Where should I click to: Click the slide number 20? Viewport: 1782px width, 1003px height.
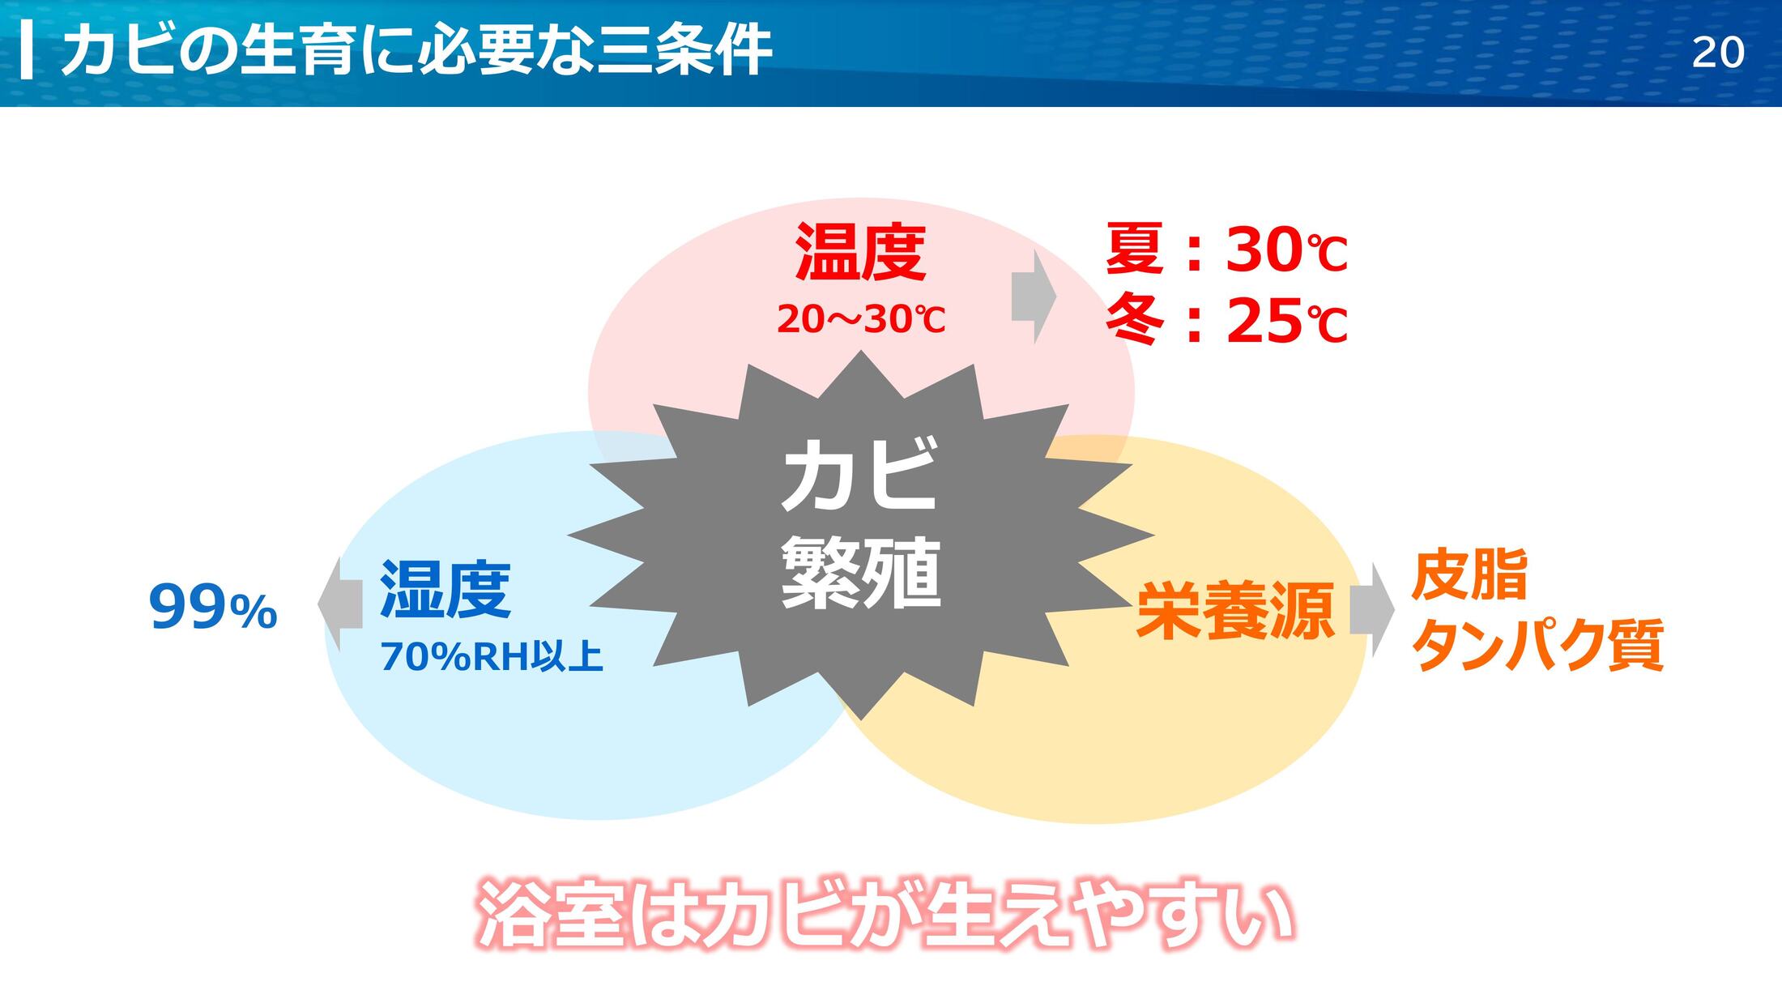coord(1718,53)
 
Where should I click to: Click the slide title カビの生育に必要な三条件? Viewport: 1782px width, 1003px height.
coord(416,50)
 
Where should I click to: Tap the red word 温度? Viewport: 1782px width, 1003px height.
coord(860,252)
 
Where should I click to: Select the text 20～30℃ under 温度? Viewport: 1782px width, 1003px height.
coord(861,319)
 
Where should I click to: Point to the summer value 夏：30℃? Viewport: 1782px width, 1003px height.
coord(1226,249)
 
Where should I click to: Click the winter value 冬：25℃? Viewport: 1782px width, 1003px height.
coord(1226,321)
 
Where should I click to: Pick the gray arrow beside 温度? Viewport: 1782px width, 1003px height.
coord(1034,297)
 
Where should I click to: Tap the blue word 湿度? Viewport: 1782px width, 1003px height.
coord(446,589)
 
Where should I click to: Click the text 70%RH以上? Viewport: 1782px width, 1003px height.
coord(492,656)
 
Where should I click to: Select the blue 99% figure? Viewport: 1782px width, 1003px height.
coord(213,608)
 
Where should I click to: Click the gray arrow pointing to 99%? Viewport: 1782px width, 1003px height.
coord(340,604)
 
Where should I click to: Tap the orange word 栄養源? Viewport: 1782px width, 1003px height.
coord(1235,610)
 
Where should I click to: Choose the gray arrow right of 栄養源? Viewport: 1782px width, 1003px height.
coord(1372,610)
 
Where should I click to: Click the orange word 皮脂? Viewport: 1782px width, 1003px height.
coord(1469,574)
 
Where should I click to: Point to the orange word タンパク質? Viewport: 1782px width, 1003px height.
coord(1537,645)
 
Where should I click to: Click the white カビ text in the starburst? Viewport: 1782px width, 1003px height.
coord(860,473)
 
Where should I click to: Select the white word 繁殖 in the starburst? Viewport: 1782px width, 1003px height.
coord(860,572)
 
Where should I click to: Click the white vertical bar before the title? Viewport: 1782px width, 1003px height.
coord(26,51)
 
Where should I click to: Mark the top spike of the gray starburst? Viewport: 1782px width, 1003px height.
coord(861,352)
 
